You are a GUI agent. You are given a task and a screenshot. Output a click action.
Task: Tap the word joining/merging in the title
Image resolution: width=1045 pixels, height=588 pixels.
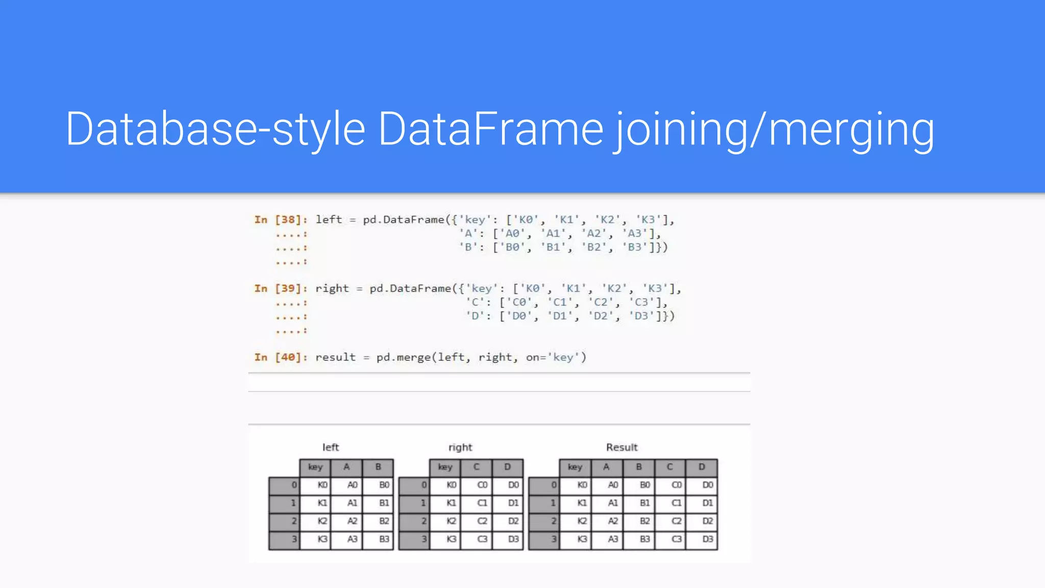pyautogui.click(x=775, y=130)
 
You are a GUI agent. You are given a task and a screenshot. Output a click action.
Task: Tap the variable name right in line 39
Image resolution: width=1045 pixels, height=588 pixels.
pyautogui.click(x=332, y=289)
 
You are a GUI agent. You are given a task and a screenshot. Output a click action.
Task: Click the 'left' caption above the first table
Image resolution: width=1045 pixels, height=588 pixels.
pyautogui.click(x=331, y=448)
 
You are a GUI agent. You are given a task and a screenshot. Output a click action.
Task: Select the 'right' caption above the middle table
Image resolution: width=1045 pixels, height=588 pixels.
pyautogui.click(x=460, y=448)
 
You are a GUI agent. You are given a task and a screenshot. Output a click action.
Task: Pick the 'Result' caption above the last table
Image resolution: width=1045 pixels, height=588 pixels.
pyautogui.click(x=621, y=448)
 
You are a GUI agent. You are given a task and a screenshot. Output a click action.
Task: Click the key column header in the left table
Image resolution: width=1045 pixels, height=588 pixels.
pyautogui.click(x=315, y=467)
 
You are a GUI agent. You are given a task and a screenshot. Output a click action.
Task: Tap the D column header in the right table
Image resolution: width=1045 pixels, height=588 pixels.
pyautogui.click(x=507, y=467)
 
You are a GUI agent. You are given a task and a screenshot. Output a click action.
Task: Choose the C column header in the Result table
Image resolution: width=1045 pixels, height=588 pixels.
pyautogui.click(x=670, y=467)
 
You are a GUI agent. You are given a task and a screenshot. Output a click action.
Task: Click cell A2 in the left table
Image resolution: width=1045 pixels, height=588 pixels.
pyautogui.click(x=352, y=521)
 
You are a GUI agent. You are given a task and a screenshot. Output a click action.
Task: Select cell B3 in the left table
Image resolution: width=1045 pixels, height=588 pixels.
pyautogui.click(x=384, y=540)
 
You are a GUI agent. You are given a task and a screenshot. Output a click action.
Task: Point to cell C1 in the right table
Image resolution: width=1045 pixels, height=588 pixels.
pyautogui.click(x=482, y=503)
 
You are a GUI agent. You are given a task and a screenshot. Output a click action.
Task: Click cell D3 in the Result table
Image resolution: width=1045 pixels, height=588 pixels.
pyautogui.click(x=707, y=540)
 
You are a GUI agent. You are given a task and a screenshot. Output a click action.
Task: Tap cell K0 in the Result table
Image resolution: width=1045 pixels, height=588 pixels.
pyautogui.click(x=582, y=485)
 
